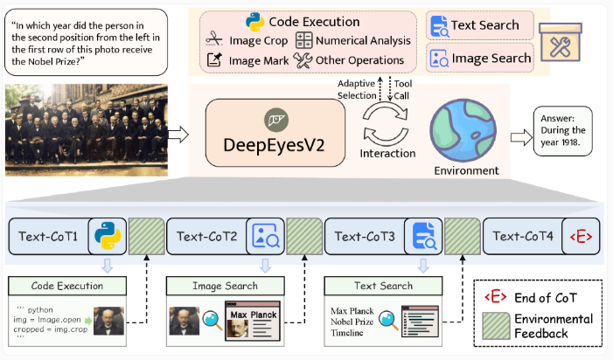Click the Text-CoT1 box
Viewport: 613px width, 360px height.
tap(49, 236)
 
